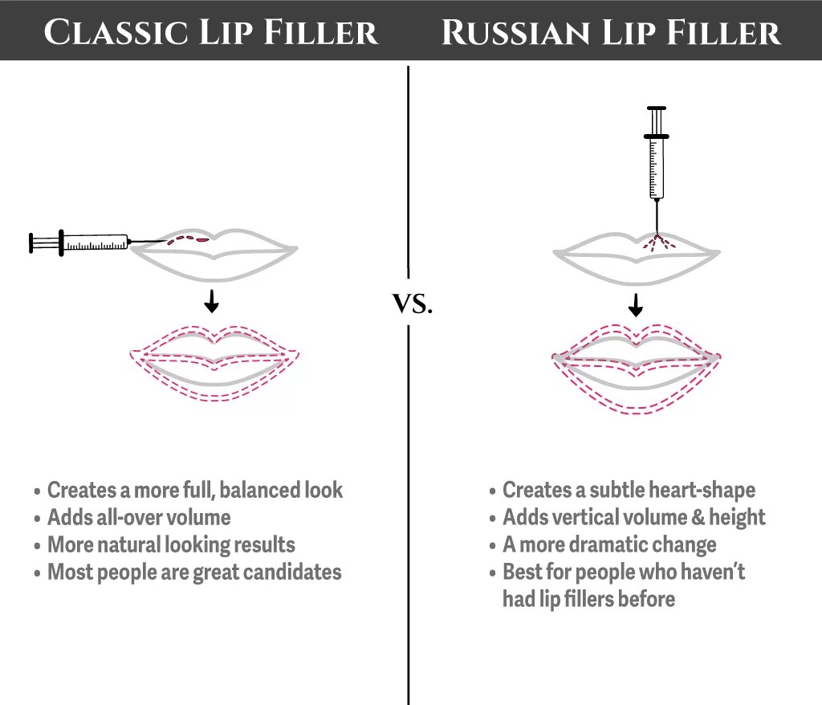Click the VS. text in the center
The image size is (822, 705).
click(x=412, y=304)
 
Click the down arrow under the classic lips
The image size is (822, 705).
click(x=211, y=302)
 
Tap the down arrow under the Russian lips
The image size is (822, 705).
click(x=636, y=305)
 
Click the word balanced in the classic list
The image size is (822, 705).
click(x=256, y=490)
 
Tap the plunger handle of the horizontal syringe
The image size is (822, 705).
click(x=32, y=242)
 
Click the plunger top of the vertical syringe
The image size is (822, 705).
click(x=657, y=109)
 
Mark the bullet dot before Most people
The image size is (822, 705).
click(x=37, y=573)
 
